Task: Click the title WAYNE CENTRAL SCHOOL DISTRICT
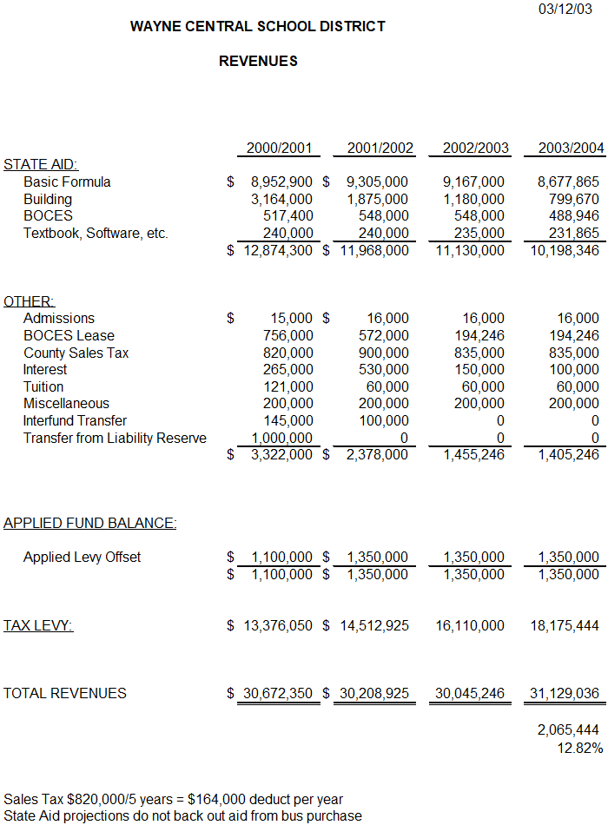(x=258, y=27)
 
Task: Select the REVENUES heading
(x=258, y=62)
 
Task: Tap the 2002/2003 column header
(x=476, y=148)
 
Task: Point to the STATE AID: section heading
(x=41, y=165)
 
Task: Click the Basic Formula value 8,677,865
(x=569, y=182)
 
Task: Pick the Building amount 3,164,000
(x=281, y=200)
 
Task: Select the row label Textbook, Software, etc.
(x=96, y=234)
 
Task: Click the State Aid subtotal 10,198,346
(x=565, y=251)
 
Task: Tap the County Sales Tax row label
(x=76, y=353)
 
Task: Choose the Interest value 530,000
(x=384, y=370)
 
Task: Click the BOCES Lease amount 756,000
(x=288, y=336)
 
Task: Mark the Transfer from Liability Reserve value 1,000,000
(x=281, y=439)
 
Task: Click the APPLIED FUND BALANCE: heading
(x=90, y=524)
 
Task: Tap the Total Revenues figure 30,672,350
(x=278, y=694)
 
